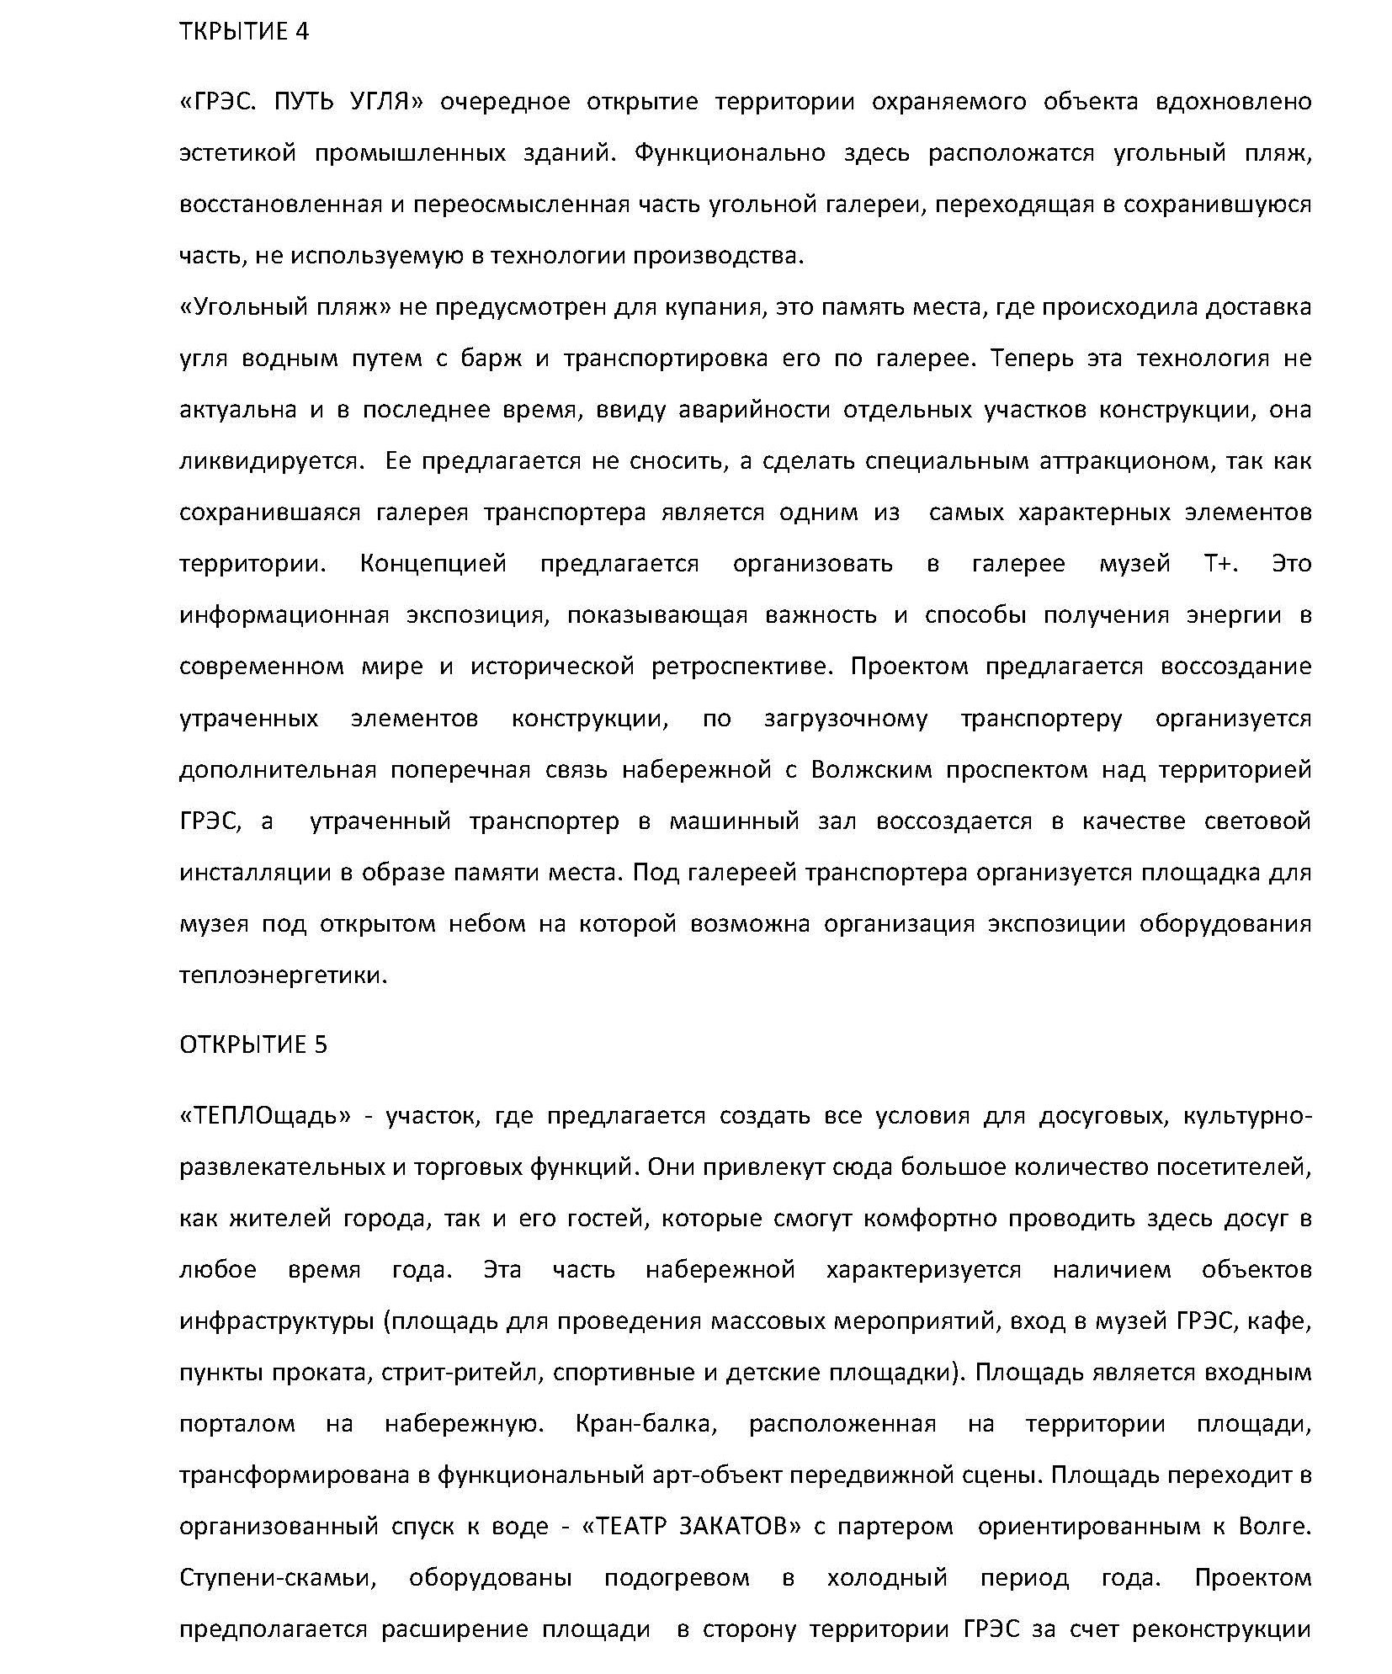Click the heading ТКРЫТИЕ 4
pos(244,32)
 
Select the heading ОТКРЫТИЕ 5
pos(253,1044)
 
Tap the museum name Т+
pos(1218,564)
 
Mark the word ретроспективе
pos(741,667)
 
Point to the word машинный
pos(733,821)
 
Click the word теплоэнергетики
pos(283,975)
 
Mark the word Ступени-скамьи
pos(276,1578)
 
